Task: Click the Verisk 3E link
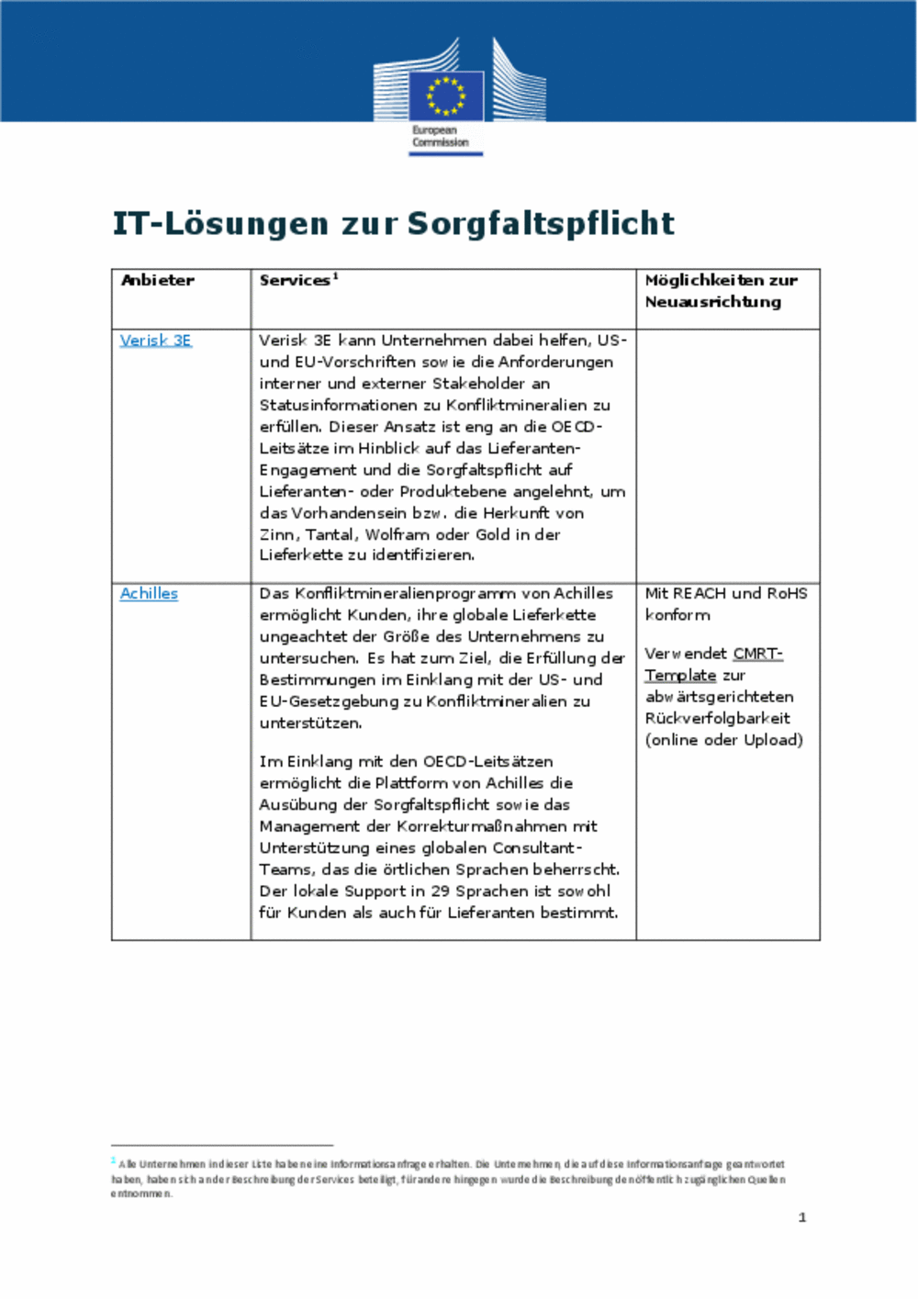tap(155, 341)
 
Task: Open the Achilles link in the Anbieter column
tap(149, 594)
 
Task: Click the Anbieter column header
tap(158, 281)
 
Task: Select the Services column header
tap(294, 281)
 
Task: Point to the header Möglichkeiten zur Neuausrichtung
tap(721, 291)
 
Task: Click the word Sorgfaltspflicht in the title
tap(541, 223)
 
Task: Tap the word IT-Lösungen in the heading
tap(220, 223)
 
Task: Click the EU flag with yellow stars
tap(446, 95)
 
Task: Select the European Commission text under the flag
tap(440, 137)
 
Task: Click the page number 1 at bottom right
tap(802, 1217)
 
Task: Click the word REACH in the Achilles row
tap(700, 594)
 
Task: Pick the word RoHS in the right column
tap(787, 594)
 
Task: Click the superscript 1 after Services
tap(336, 276)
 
